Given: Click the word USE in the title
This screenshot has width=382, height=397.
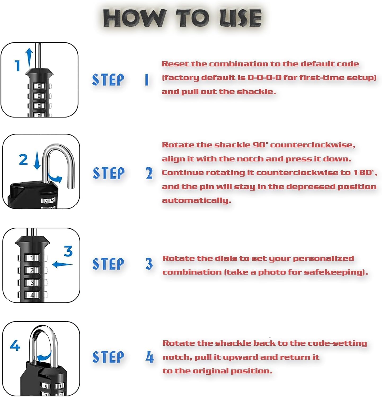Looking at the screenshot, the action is click(240, 18).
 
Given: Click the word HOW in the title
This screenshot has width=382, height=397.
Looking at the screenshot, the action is click(135, 18).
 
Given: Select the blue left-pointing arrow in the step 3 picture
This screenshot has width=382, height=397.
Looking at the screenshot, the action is click(62, 264).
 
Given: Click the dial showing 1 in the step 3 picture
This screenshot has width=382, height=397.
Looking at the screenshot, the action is click(32, 258).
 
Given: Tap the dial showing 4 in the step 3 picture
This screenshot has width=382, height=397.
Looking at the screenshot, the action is click(32, 295).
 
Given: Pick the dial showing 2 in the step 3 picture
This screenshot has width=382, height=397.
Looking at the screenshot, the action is click(32, 270).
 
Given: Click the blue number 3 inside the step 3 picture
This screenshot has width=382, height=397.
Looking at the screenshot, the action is click(68, 251).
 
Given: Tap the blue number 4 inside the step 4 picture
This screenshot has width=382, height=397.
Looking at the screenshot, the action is click(15, 346).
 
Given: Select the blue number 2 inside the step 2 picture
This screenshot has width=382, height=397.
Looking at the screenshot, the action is click(23, 160).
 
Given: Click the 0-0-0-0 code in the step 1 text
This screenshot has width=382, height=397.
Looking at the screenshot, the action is click(264, 78).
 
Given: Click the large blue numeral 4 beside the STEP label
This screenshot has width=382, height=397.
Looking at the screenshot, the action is click(150, 357).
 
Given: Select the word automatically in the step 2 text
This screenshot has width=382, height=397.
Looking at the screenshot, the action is click(196, 200).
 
